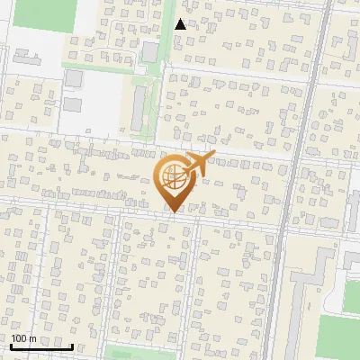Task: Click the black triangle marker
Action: tap(181, 24)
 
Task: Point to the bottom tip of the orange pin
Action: tap(173, 212)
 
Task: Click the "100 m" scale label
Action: tap(23, 339)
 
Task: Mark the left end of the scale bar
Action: tap(11, 346)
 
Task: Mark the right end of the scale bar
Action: tap(72, 346)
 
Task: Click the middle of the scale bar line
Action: tap(41, 347)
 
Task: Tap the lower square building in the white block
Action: tap(72, 103)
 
